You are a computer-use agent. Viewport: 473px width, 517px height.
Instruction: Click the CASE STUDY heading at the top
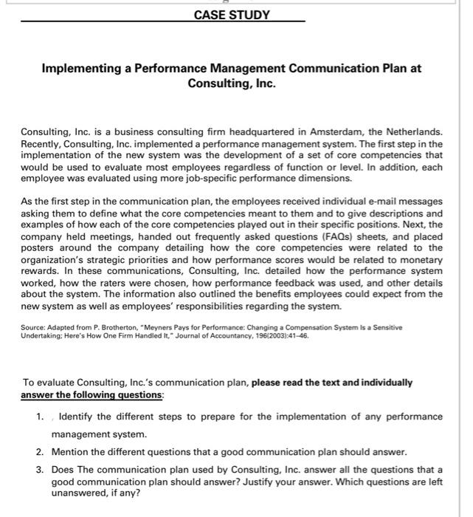tap(232, 15)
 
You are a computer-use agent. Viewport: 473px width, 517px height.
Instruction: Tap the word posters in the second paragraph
tap(41, 248)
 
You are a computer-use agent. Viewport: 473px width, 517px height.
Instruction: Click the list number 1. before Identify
tap(40, 417)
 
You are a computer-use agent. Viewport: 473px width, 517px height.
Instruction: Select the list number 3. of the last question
tap(40, 470)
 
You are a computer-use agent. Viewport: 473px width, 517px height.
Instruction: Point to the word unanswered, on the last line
tap(85, 493)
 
